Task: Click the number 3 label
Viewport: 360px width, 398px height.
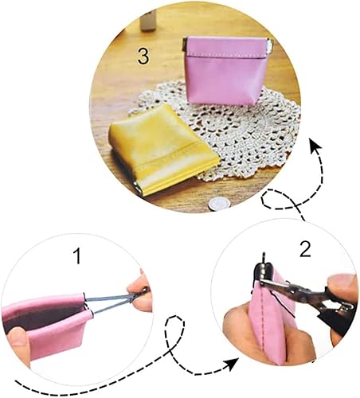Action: [x=143, y=56]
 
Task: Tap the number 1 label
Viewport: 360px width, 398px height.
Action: [x=77, y=256]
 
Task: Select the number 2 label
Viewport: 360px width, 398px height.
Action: [x=305, y=249]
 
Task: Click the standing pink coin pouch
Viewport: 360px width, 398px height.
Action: [x=225, y=71]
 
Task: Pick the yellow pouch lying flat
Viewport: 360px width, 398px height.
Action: [x=163, y=149]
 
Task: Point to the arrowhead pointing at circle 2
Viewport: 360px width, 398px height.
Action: [x=233, y=364]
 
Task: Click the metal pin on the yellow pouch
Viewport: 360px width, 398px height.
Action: [x=138, y=189]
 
